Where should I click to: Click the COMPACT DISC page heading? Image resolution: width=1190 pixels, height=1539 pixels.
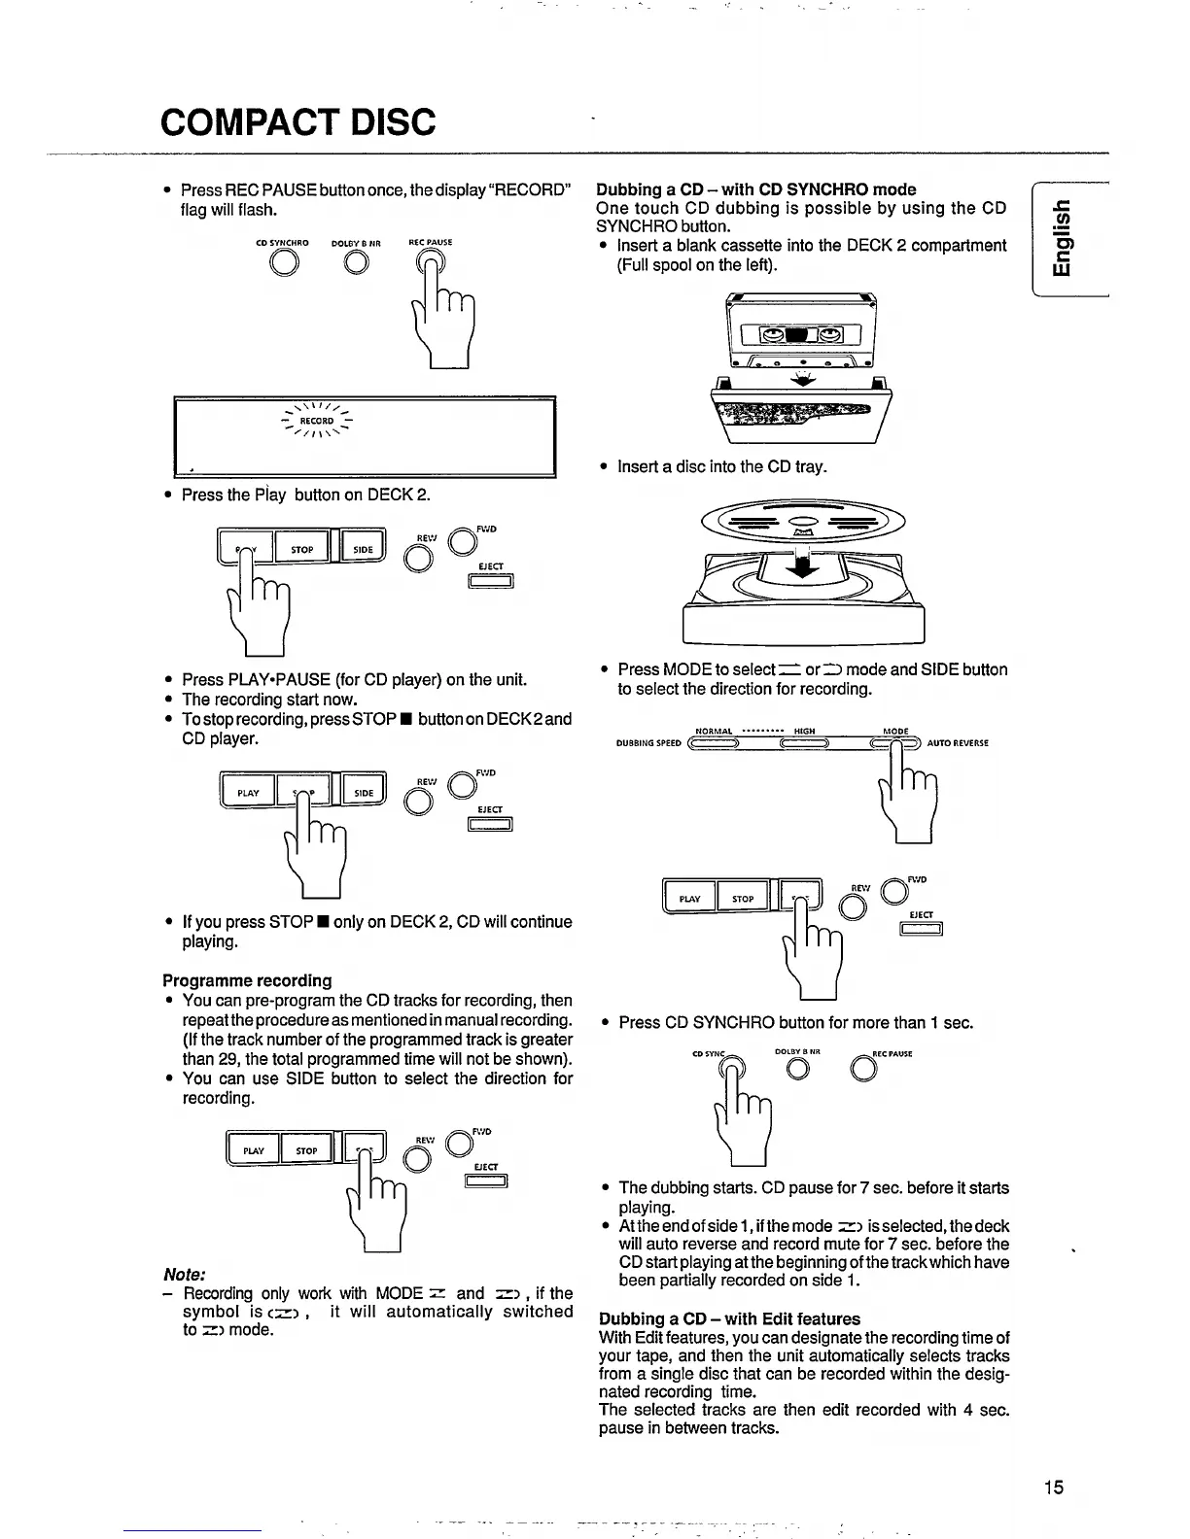(x=298, y=122)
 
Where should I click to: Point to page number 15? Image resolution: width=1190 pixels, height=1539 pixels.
(x=1055, y=1487)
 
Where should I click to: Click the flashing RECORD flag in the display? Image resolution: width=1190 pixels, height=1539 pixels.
(x=317, y=421)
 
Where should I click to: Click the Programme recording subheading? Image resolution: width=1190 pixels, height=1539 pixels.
(x=247, y=980)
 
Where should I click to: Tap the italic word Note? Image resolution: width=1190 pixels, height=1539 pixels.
(x=183, y=1274)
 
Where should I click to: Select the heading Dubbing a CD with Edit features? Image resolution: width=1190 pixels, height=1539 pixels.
(x=729, y=1318)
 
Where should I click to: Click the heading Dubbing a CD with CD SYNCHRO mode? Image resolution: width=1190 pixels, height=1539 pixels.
(x=755, y=188)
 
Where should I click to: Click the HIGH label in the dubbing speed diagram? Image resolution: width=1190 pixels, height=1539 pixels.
(x=804, y=732)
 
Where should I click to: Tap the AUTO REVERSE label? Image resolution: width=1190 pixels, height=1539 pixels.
(x=958, y=743)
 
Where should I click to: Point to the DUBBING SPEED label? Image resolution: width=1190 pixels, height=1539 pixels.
(x=648, y=744)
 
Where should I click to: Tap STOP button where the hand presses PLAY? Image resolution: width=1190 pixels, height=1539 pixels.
(x=302, y=550)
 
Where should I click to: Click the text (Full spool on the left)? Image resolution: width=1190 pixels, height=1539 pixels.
(x=697, y=264)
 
